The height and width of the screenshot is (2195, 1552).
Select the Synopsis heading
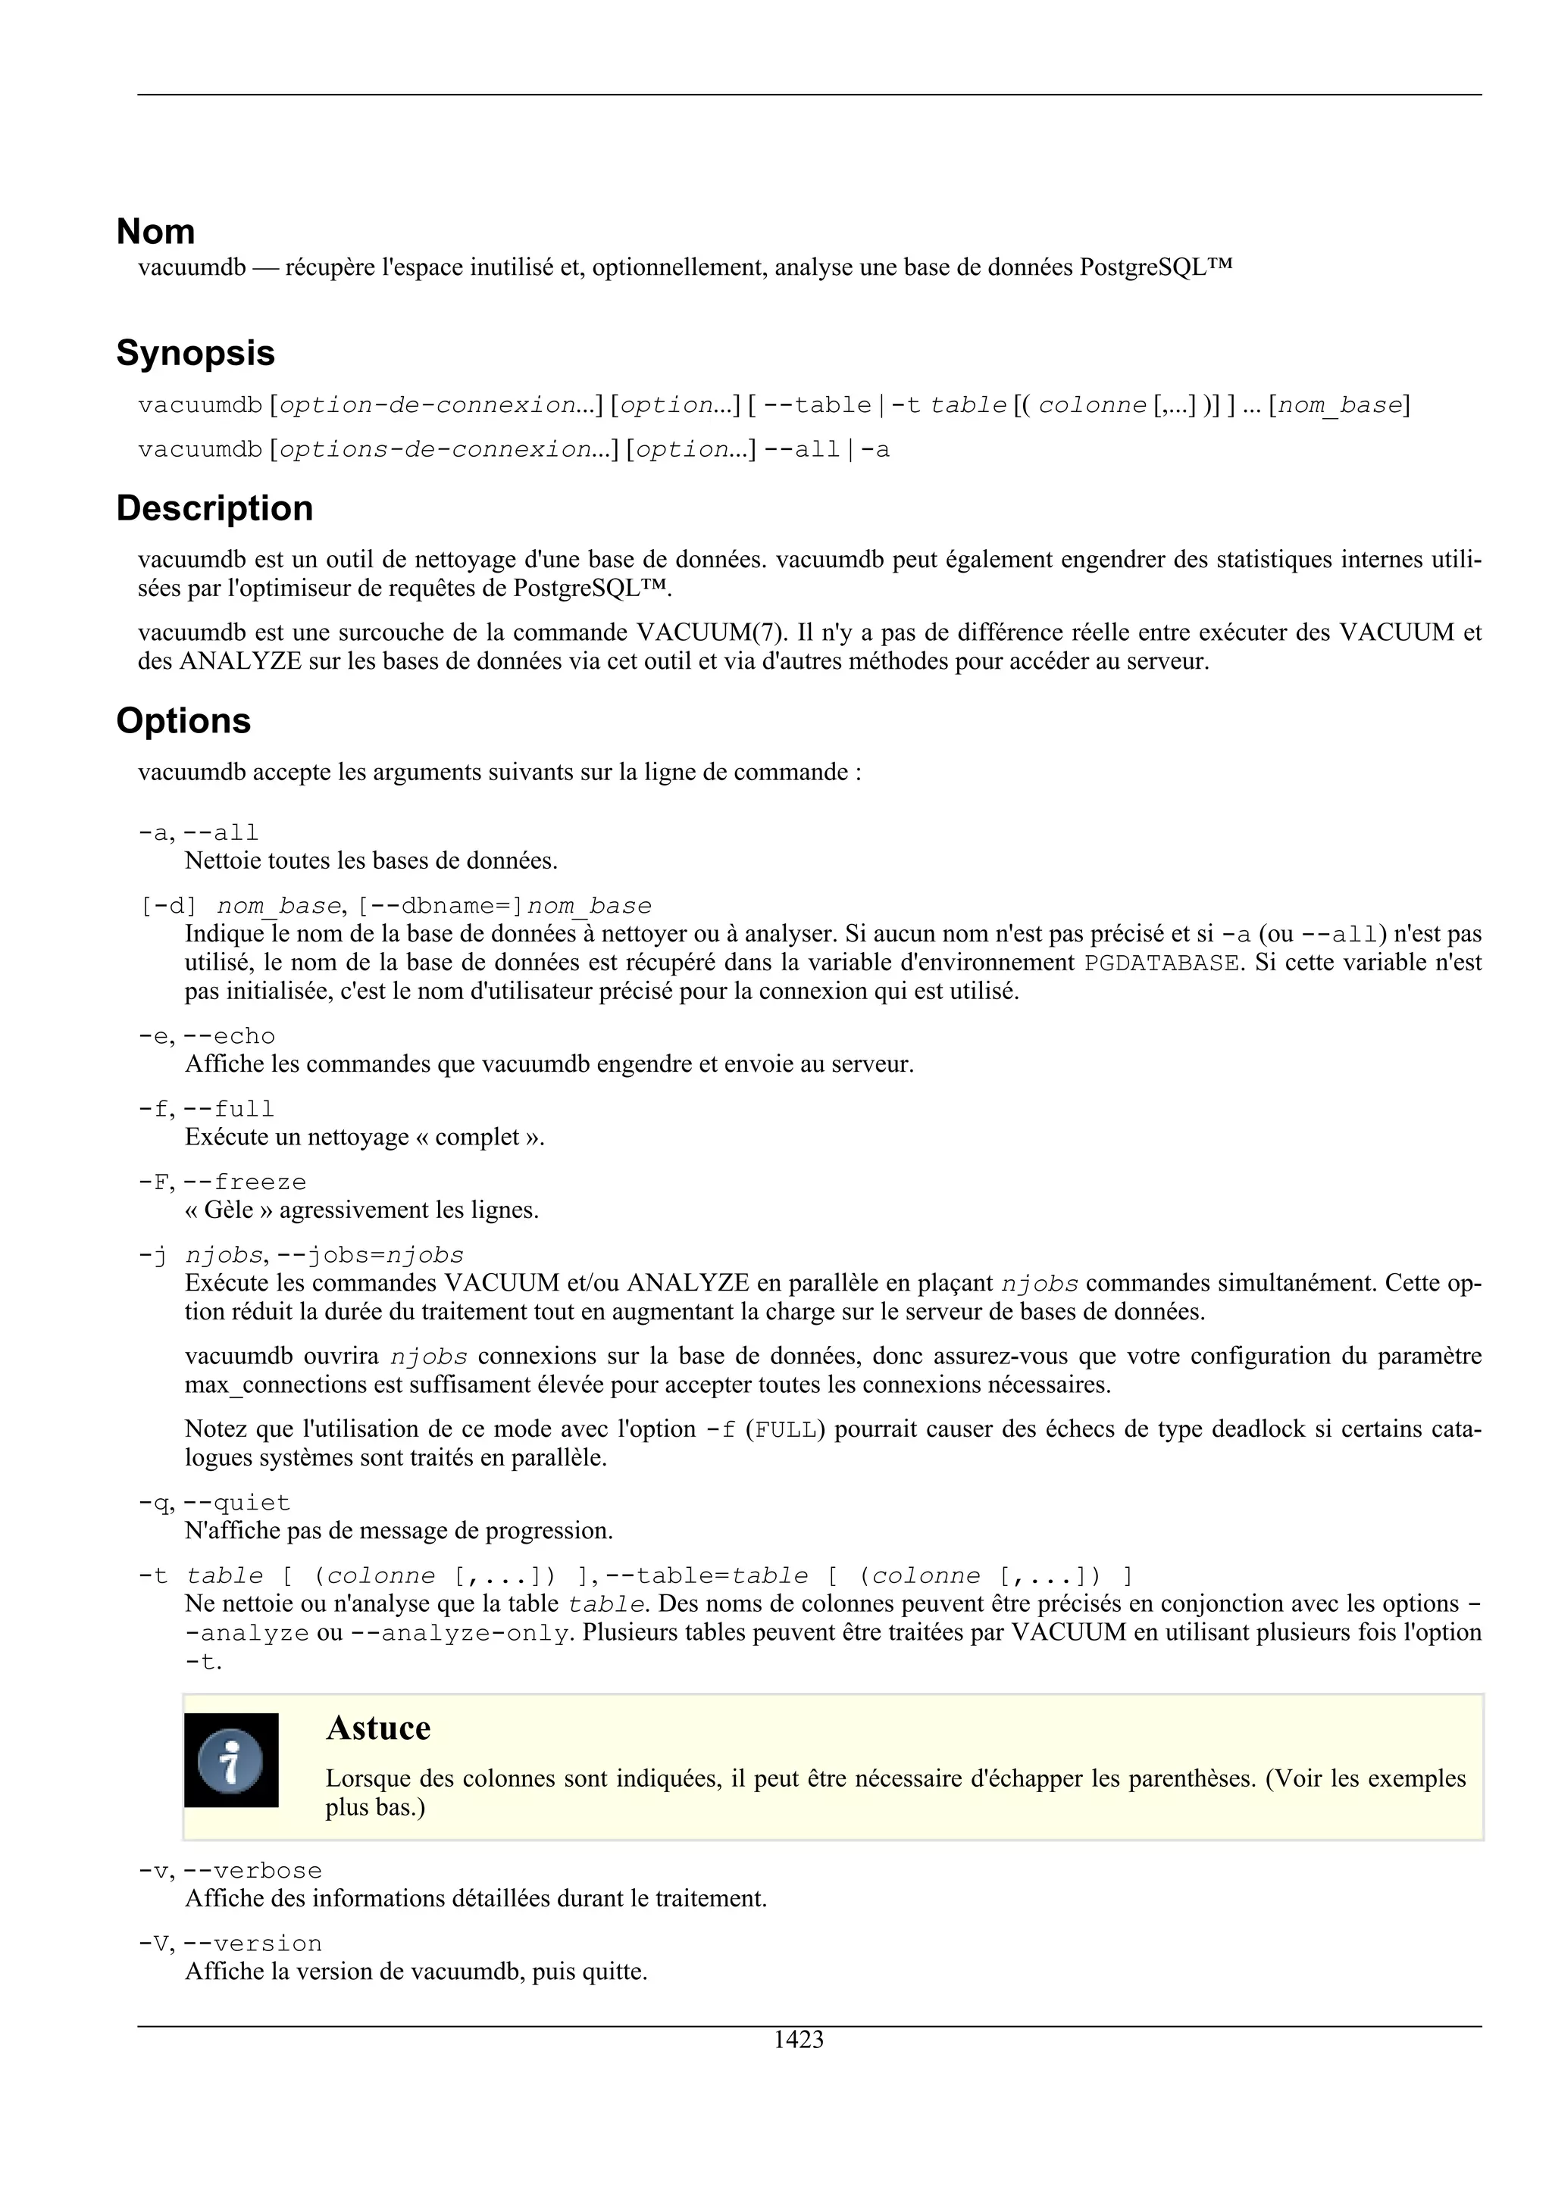(195, 354)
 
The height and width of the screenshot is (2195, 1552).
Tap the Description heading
(214, 508)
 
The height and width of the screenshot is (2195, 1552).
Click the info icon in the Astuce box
(230, 1760)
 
